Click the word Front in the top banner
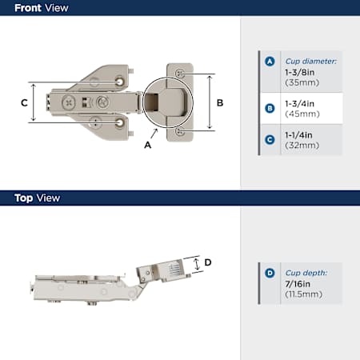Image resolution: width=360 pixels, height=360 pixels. [28, 8]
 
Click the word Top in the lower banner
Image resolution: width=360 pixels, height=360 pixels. [24, 198]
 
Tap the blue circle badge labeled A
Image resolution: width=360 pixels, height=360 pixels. [270, 62]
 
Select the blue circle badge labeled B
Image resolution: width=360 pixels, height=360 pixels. [270, 109]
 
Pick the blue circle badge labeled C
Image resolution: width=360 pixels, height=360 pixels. [270, 140]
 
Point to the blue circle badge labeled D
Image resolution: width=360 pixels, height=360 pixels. [270, 273]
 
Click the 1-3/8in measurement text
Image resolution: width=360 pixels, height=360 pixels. [299, 72]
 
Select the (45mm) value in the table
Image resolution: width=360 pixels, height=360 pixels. [302, 114]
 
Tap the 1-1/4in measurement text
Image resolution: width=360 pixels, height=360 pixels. [298, 135]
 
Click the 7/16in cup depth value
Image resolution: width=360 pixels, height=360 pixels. [298, 284]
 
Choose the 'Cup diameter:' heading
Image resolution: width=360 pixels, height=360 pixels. [311, 62]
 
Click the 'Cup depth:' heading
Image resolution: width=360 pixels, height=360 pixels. [306, 273]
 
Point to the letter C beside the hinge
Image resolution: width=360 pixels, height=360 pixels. [24, 102]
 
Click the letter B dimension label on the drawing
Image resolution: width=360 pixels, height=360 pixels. [220, 102]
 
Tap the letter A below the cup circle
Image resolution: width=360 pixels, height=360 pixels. [147, 145]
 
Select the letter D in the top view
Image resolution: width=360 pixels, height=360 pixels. [208, 262]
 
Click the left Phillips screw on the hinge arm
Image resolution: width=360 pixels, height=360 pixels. [69, 102]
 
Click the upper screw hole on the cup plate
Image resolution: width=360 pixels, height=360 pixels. [180, 73]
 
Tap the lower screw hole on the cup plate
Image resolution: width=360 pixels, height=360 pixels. [180, 131]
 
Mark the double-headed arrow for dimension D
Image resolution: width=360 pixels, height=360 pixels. [197, 264]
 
